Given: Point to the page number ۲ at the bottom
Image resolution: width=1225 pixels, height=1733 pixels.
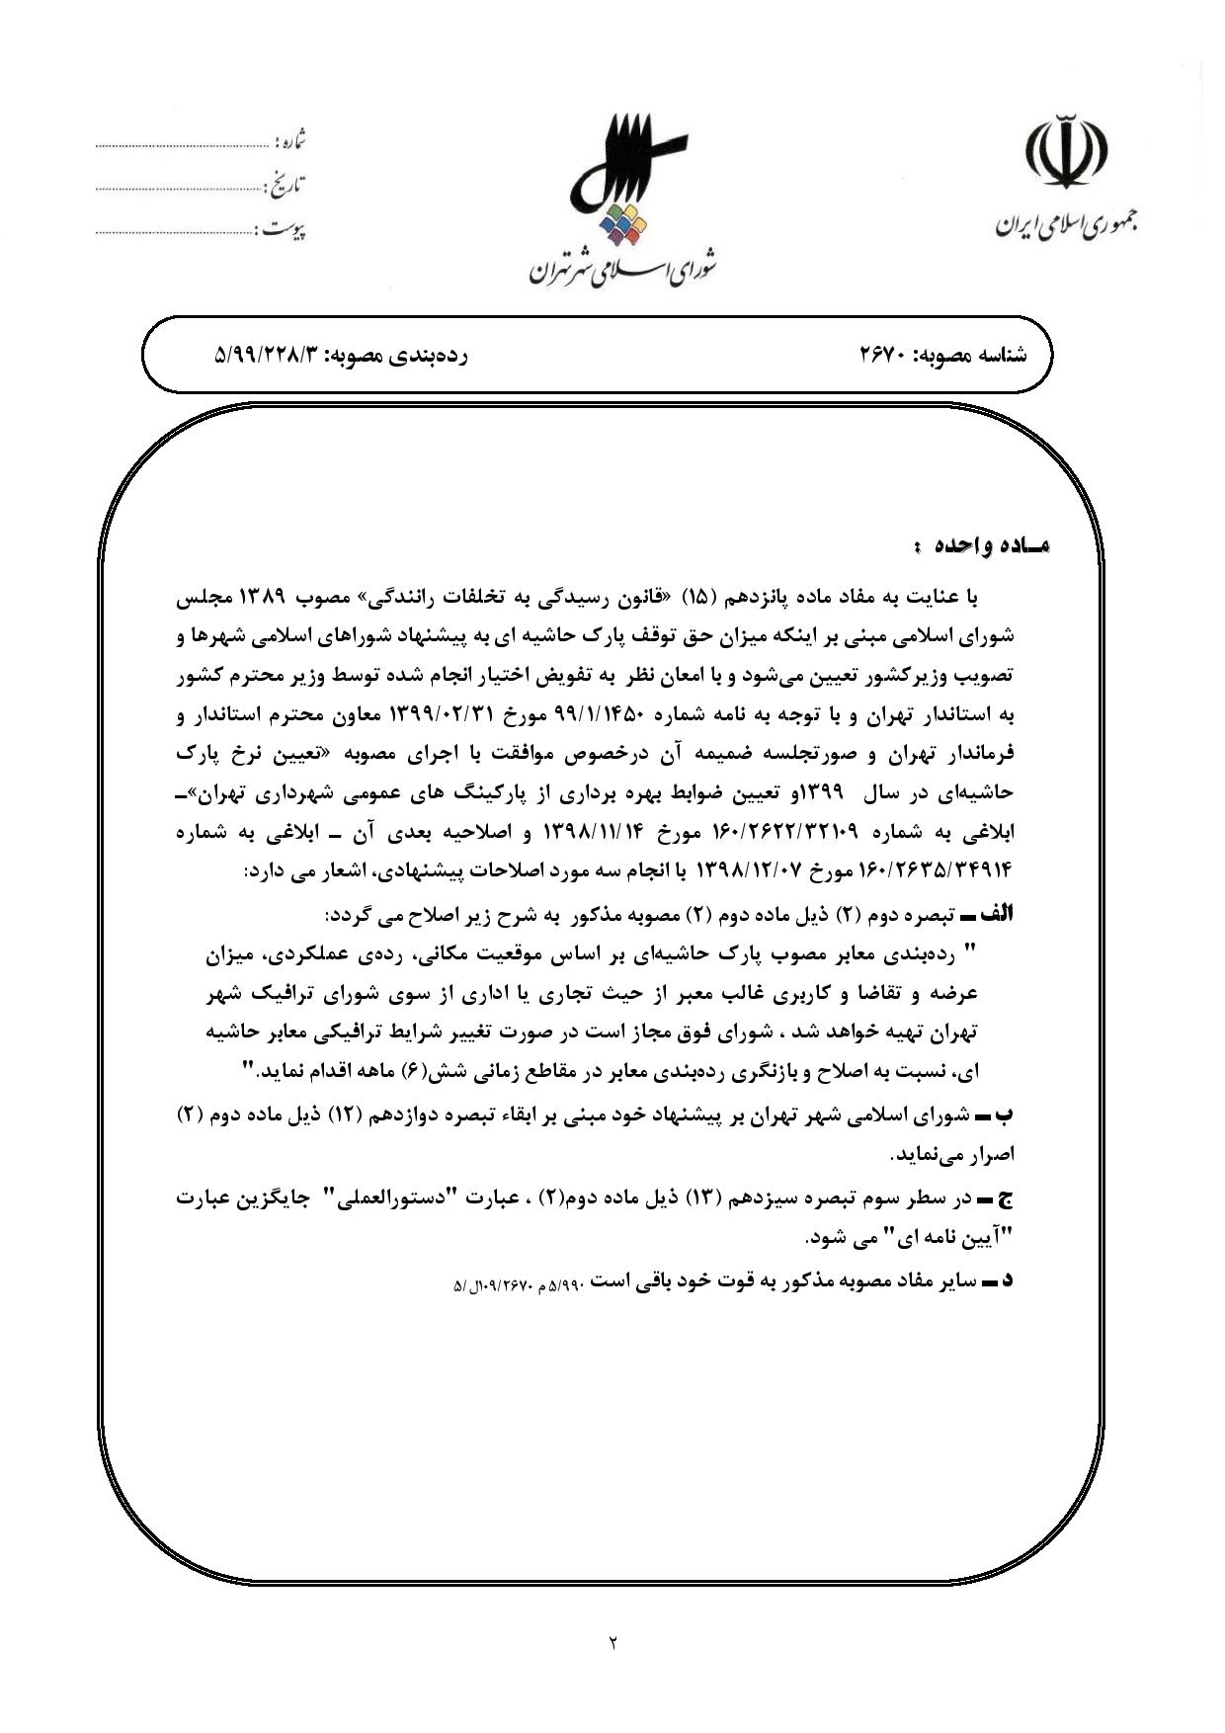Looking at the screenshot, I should click(612, 1643).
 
